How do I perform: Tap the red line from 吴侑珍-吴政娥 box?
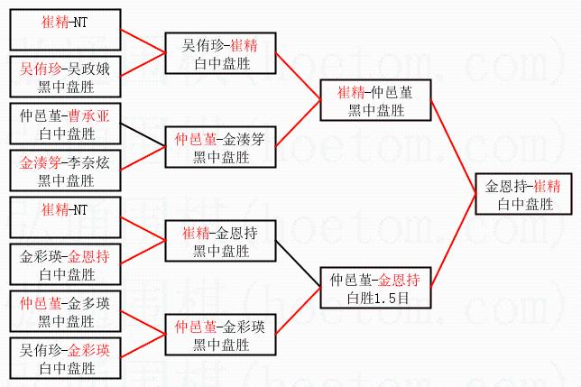[x=143, y=63]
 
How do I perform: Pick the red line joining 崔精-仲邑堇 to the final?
[x=453, y=144]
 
